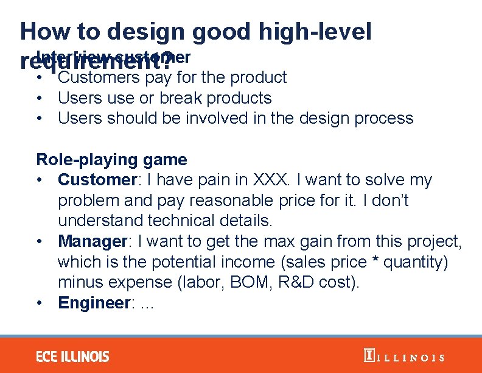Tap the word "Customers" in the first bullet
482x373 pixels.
[x=98, y=77]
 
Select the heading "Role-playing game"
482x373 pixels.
[x=111, y=160]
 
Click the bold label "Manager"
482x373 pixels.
[x=92, y=241]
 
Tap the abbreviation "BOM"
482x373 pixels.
[x=273, y=283]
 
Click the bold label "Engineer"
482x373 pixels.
[x=94, y=303]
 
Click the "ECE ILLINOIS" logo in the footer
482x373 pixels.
[x=72, y=357]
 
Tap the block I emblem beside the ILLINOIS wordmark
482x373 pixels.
[x=368, y=356]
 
